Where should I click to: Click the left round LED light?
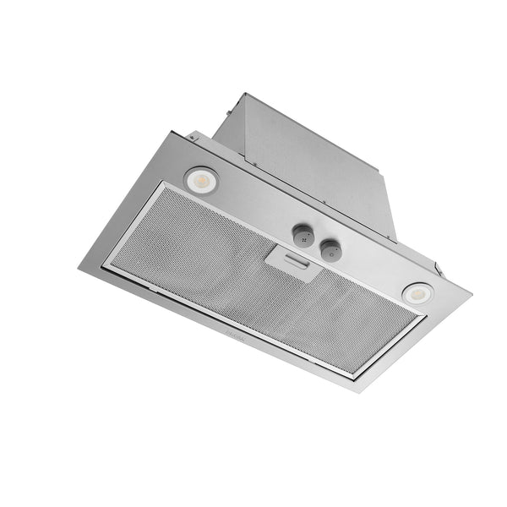200,178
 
